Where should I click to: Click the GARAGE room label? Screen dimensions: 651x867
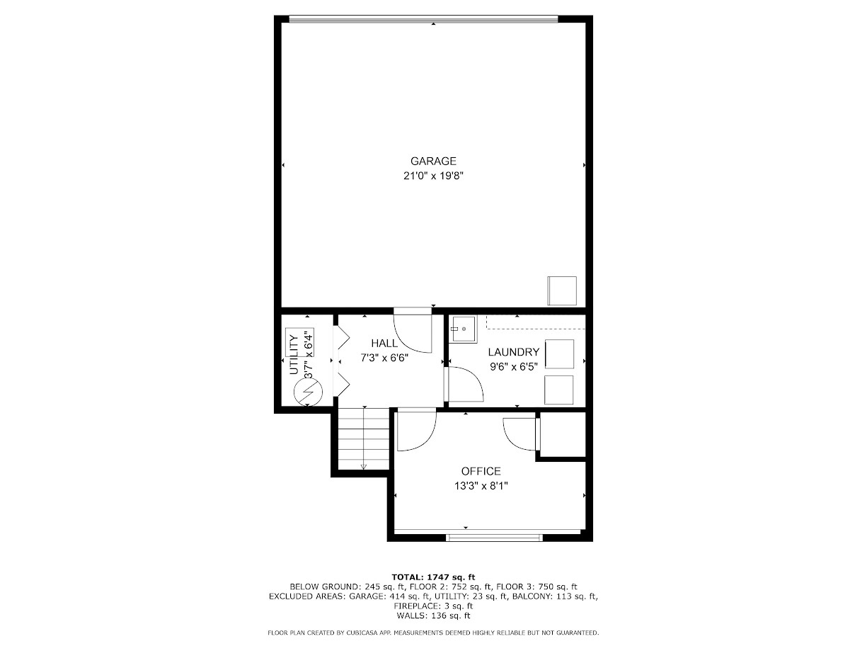pos(433,161)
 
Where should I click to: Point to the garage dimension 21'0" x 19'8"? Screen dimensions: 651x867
pos(433,176)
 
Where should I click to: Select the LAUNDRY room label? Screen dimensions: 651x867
pos(513,352)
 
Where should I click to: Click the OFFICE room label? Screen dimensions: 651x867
pos(481,471)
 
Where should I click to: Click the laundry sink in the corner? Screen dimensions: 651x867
pos(464,329)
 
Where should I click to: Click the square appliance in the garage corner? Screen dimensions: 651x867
pos(561,290)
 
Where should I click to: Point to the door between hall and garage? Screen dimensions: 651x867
pos(413,329)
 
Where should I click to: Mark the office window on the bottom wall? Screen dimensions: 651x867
pos(495,537)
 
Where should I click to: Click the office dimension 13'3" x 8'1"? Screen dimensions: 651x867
pos(481,486)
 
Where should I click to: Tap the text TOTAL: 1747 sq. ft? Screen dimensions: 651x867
pos(433,577)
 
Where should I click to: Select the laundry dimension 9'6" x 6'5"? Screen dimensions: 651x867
pos(513,366)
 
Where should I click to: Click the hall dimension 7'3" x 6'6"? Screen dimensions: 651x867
pos(384,358)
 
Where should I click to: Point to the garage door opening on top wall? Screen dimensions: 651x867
pos(423,19)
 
